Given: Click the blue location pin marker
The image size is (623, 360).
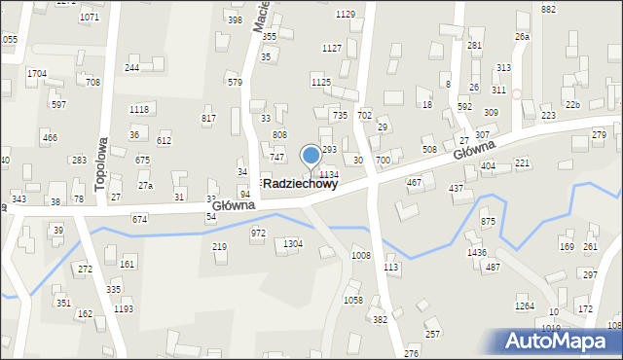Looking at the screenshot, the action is tap(311, 156).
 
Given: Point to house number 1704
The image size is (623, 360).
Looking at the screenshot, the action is tap(37, 74).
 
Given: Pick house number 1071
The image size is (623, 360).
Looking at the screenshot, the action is tap(90, 18).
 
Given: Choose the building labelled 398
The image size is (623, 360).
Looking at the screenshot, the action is tap(235, 19).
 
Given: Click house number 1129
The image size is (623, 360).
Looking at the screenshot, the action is tap(345, 14).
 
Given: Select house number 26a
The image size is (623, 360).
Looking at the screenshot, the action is tap(523, 37).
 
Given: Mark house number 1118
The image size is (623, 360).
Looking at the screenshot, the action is tap(139, 110).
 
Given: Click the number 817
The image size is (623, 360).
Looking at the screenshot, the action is tap(208, 119).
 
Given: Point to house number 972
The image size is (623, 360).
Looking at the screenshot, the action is tap(258, 234).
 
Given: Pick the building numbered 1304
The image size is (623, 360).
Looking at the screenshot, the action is tap(292, 244).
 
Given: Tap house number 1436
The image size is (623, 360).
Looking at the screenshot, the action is tap(476, 253).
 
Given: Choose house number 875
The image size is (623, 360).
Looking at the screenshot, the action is tap(488, 222).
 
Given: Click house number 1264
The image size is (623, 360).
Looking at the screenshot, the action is tap(525, 306).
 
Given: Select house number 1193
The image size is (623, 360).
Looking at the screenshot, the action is tap(124, 309).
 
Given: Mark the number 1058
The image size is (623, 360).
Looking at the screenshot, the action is tap(353, 301).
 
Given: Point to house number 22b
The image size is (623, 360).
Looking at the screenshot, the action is tap(573, 105).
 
